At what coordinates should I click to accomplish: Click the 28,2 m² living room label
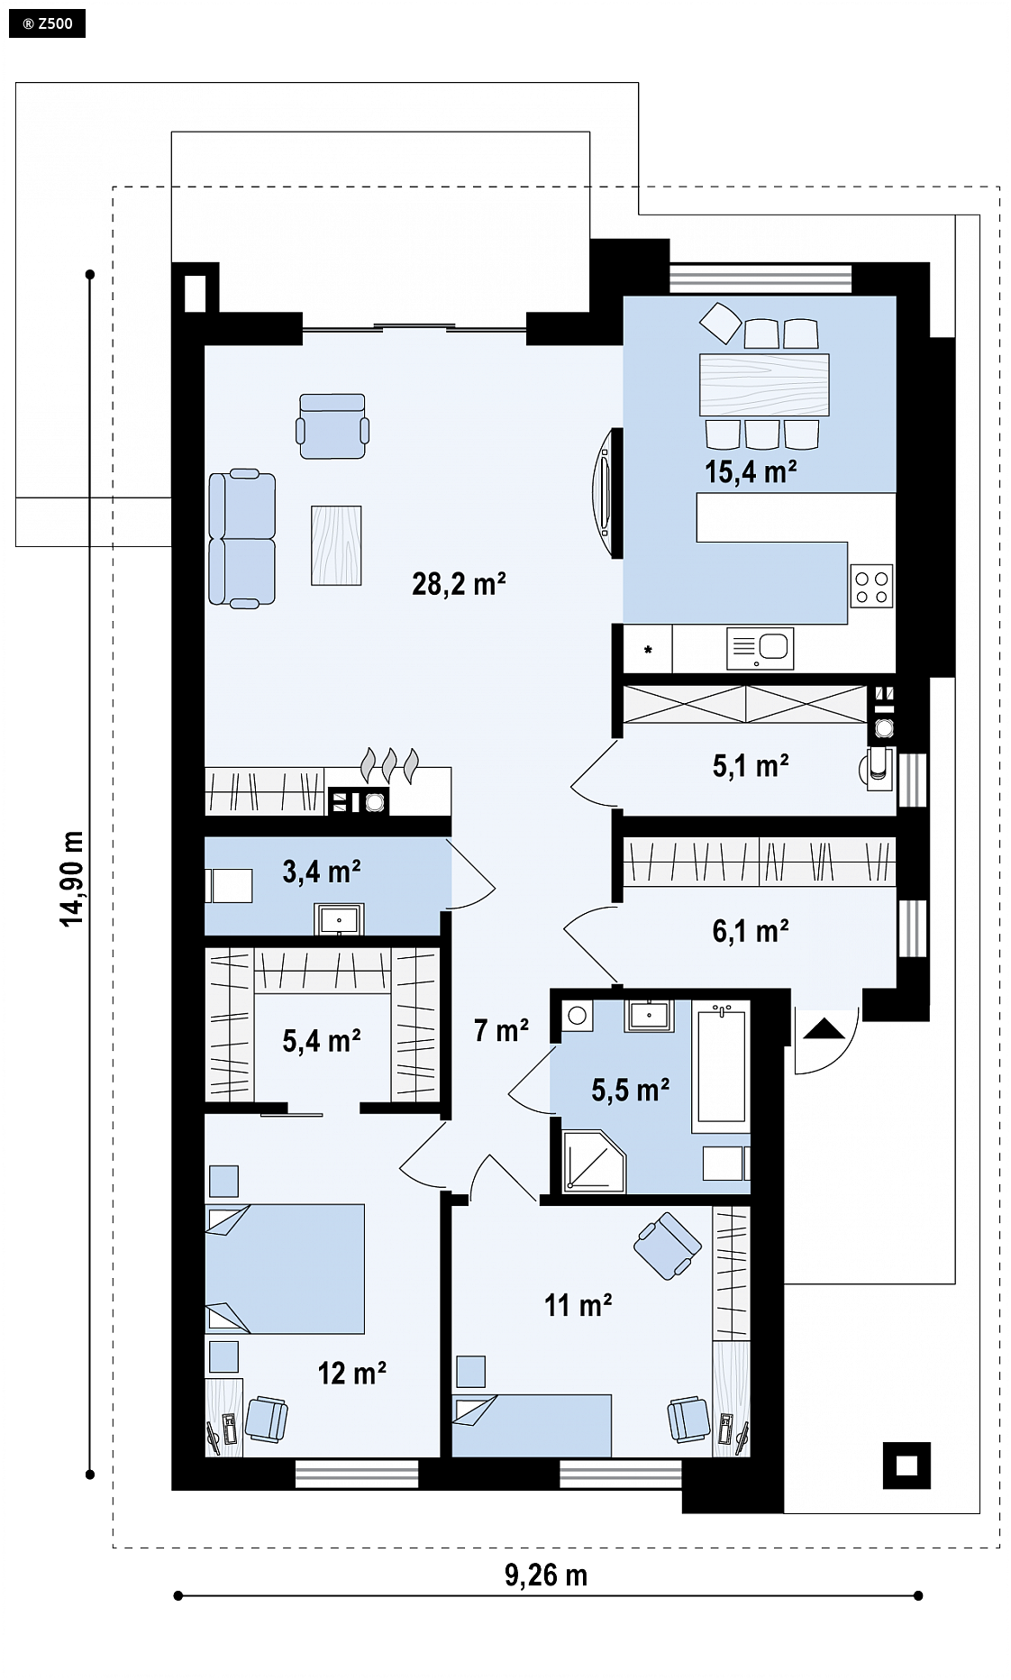click(x=459, y=584)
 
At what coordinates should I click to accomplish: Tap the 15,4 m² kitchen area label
click(x=751, y=471)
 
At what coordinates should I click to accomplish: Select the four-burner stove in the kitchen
click(x=872, y=586)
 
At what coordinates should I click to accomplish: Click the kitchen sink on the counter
click(x=761, y=648)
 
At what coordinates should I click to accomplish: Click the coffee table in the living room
click(x=336, y=545)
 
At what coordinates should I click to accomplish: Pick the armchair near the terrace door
click(x=332, y=425)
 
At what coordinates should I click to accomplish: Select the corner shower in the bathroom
click(x=594, y=1161)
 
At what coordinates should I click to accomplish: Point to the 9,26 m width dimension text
click(x=546, y=1575)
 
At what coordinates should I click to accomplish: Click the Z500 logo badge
click(x=47, y=23)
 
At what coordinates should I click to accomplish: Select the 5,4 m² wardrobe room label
click(x=322, y=1041)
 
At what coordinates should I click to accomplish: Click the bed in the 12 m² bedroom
click(x=285, y=1268)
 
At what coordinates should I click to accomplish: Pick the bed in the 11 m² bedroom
click(x=532, y=1426)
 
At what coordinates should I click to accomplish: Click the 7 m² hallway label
click(x=501, y=1029)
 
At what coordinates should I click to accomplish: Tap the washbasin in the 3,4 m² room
click(x=339, y=919)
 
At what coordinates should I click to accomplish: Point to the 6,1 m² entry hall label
click(x=751, y=930)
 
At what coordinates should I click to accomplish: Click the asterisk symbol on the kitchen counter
click(x=648, y=649)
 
